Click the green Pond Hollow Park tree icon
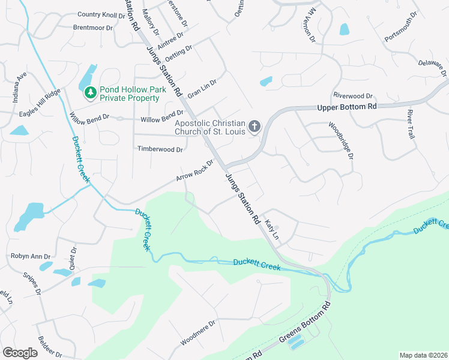click(x=90, y=92)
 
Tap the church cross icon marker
click(x=255, y=127)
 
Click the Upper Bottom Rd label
click(x=346, y=107)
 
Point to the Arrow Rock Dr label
click(x=195, y=171)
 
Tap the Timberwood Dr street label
click(x=160, y=149)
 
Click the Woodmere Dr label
click(x=197, y=336)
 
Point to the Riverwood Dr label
click(x=353, y=95)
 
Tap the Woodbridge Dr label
click(x=342, y=140)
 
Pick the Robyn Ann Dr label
click(x=29, y=256)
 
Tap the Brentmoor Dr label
click(x=92, y=28)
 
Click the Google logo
click(x=20, y=353)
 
